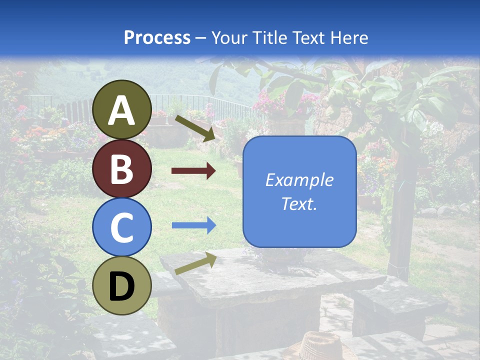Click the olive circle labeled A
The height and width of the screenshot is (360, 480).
pos(122,109)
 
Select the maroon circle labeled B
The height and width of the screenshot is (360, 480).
pos(122,168)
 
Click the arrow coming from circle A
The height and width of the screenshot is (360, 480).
pos(194,128)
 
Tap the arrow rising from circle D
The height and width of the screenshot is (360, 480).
pos(195,263)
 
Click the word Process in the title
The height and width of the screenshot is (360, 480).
pos(157,37)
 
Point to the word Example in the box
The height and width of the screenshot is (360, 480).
pos(299,180)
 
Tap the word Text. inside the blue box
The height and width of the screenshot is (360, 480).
pos(299,203)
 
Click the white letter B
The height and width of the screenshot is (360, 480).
pos(122,168)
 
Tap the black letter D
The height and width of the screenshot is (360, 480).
pos(122,286)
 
